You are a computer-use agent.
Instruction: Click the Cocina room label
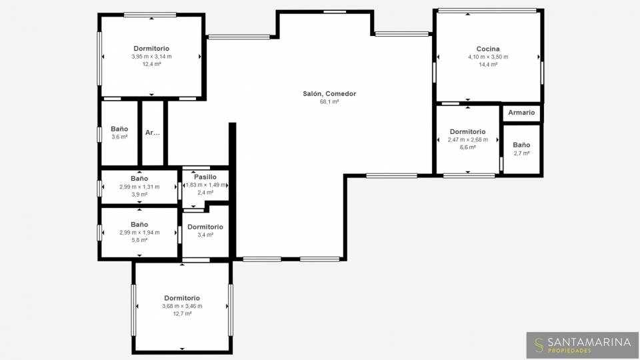coord(488,49)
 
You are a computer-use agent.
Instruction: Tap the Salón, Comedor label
coord(329,94)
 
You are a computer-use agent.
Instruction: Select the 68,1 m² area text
coord(329,101)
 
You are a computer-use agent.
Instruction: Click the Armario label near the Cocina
coord(521,113)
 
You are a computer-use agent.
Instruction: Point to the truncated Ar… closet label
coord(153,133)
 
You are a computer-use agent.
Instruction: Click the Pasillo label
coord(205,177)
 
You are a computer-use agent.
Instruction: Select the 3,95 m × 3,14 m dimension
coord(151,57)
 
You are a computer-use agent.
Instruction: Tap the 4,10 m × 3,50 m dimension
coord(488,57)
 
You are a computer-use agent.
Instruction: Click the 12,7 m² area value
coord(182,314)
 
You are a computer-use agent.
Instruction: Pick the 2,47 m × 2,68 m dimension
coord(468,139)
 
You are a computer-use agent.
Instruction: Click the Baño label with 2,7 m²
coord(521,145)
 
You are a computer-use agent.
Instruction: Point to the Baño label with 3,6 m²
coord(119,129)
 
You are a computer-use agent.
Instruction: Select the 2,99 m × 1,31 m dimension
coord(139,187)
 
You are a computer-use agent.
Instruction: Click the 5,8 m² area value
coord(139,241)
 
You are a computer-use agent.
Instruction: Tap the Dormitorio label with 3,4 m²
coord(205,227)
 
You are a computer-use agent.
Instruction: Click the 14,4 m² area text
coord(488,65)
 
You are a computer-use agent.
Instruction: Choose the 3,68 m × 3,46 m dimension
coord(182,306)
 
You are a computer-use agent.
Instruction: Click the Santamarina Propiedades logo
coord(583,345)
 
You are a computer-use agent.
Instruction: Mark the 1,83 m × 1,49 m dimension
coord(206,185)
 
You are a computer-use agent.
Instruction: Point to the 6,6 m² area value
coord(468,147)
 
